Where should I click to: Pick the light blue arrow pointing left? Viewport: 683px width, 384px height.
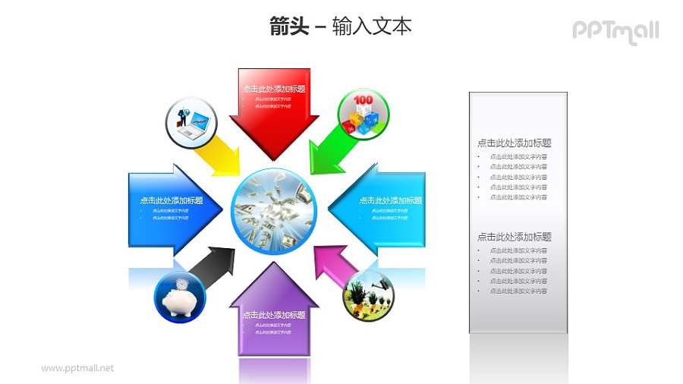[x=379, y=205]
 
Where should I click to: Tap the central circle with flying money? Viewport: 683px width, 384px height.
[x=273, y=206]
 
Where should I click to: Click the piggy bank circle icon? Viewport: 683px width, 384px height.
[x=180, y=297]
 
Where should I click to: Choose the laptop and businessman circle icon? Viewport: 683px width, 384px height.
[x=191, y=121]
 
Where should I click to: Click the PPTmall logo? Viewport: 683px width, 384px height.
[x=615, y=30]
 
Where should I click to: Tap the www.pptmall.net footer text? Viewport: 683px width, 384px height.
[x=77, y=368]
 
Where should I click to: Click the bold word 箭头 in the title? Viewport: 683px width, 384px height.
[x=289, y=27]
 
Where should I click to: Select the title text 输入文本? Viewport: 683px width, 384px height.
[x=372, y=27]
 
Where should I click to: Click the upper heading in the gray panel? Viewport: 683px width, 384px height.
[x=514, y=143]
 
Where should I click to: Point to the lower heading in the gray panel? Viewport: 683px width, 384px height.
[x=514, y=237]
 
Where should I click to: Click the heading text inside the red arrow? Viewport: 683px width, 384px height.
[x=274, y=89]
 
